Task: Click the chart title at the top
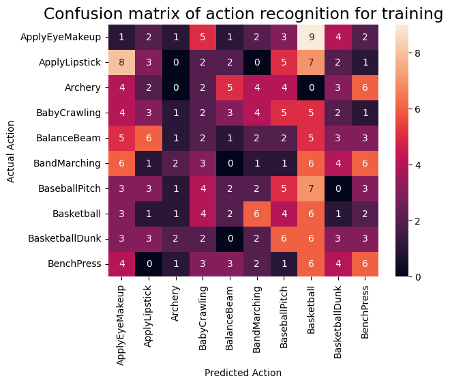pyautogui.click(x=243, y=14)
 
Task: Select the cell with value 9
pyautogui.click(x=312, y=38)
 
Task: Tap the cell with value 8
pyautogui.click(x=121, y=63)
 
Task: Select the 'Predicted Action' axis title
pyautogui.click(x=243, y=373)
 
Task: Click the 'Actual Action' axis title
pyautogui.click(x=10, y=151)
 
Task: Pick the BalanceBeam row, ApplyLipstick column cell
pyautogui.click(x=147, y=138)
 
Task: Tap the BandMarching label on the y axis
pyautogui.click(x=69, y=163)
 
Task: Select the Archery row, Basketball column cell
pyautogui.click(x=312, y=88)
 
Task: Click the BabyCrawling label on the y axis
pyautogui.click(x=70, y=113)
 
